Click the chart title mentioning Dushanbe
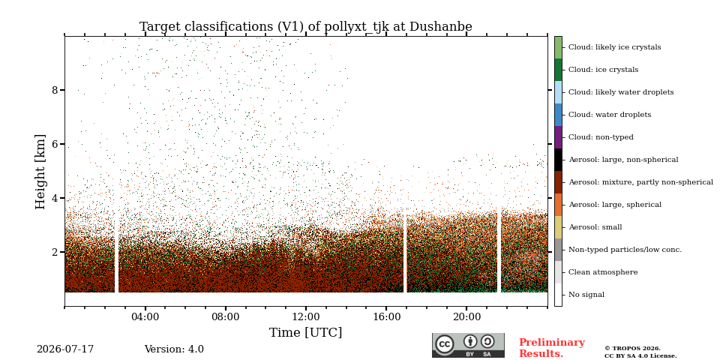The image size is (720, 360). pos(306,27)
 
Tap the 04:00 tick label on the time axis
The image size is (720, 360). pos(145,316)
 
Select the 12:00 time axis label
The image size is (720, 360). pos(306,316)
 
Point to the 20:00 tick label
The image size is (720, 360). pos(466,316)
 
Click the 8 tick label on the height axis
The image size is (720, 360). pos(55,90)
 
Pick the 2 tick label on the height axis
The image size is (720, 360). pos(55,252)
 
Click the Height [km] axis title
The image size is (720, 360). pos(40,172)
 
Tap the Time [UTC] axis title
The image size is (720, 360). pos(306,332)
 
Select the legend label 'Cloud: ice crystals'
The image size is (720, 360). pos(603,70)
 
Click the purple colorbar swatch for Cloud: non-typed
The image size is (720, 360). pos(558,137)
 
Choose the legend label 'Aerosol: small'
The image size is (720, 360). pos(595,227)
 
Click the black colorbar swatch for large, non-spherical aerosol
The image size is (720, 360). pos(558,160)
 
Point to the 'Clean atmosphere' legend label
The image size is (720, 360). pos(603,272)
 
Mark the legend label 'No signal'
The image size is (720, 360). pos(586,295)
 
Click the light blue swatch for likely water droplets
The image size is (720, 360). pos(558,92)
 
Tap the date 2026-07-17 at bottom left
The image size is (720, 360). pos(65,349)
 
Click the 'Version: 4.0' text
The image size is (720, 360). pos(174,349)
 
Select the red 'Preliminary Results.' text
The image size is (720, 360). pos(552,348)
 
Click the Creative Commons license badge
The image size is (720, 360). pos(468,345)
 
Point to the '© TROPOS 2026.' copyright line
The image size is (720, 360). pos(632,349)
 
